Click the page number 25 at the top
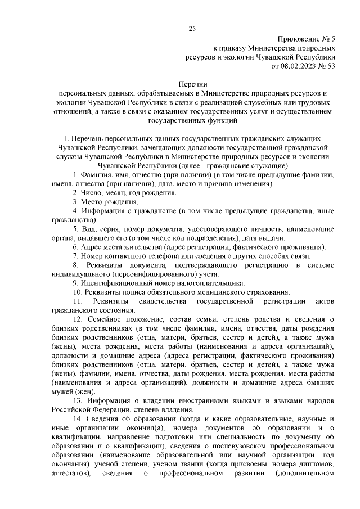point(192,29)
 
